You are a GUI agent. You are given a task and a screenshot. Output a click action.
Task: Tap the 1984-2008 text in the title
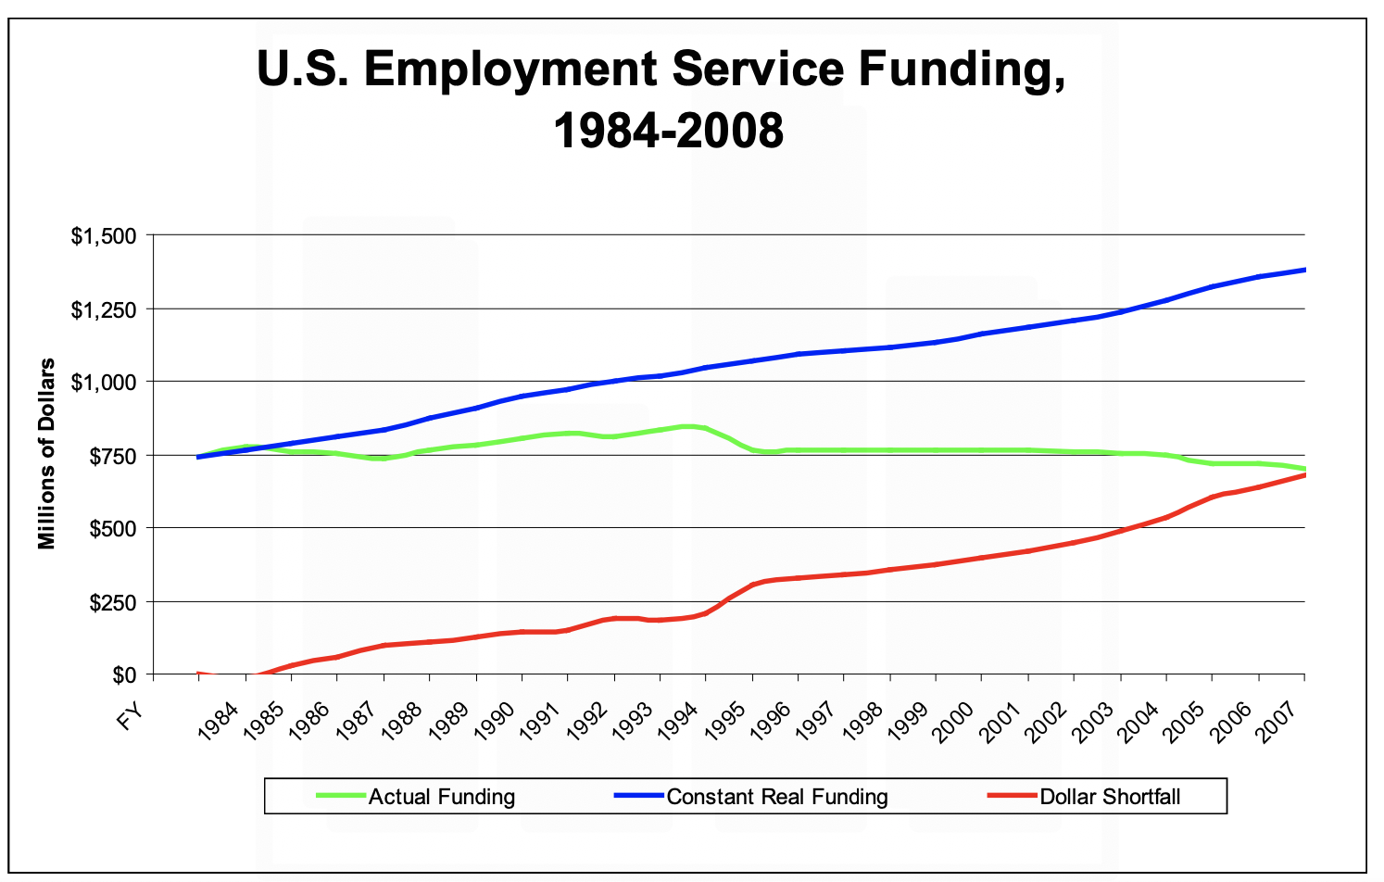point(668,131)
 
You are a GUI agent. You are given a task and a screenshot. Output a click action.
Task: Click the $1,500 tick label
point(104,236)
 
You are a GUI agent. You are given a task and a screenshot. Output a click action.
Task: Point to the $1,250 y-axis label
point(104,309)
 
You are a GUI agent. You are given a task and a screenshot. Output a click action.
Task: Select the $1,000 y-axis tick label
point(104,383)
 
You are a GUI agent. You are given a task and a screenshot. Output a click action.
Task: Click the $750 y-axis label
point(111,456)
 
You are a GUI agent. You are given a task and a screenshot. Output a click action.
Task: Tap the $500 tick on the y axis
point(111,529)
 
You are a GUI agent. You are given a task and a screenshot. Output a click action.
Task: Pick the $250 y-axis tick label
point(111,602)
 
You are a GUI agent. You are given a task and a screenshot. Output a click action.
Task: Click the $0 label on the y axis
point(123,675)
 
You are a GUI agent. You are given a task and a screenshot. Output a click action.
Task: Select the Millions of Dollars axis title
point(47,454)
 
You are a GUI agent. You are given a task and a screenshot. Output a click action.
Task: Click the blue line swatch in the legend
point(639,796)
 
